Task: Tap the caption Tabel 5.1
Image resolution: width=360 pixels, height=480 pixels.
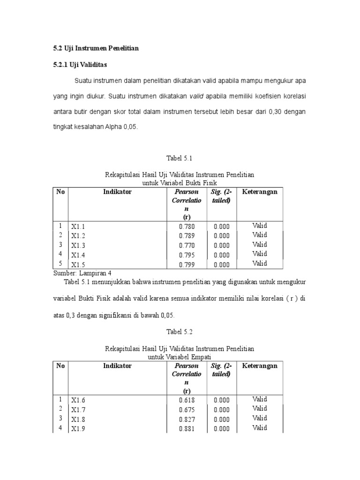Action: [180, 158]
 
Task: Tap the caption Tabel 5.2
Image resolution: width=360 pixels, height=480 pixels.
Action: [180, 332]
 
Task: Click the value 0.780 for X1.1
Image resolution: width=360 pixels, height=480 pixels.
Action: [187, 226]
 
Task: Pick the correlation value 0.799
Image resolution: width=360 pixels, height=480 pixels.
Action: [187, 265]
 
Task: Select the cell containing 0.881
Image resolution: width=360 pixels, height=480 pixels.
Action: [187, 429]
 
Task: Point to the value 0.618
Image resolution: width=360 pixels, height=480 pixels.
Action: [187, 400]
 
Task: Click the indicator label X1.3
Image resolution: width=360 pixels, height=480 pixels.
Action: [78, 246]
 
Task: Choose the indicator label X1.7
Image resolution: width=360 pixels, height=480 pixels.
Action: [78, 410]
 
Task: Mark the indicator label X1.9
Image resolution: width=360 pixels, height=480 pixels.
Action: [78, 429]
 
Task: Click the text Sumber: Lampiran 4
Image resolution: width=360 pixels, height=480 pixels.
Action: [82, 273]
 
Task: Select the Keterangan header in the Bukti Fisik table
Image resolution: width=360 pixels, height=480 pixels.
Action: [260, 192]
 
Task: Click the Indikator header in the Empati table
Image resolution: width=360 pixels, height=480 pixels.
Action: [117, 366]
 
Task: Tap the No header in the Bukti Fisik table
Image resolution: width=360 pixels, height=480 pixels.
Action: [60, 192]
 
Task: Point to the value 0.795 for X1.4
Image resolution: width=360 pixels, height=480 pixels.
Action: [187, 255]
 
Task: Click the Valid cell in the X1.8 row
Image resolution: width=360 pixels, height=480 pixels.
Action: [260, 418]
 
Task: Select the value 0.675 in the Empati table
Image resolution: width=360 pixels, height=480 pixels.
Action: [187, 410]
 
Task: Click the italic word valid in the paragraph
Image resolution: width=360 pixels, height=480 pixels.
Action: [197, 96]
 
